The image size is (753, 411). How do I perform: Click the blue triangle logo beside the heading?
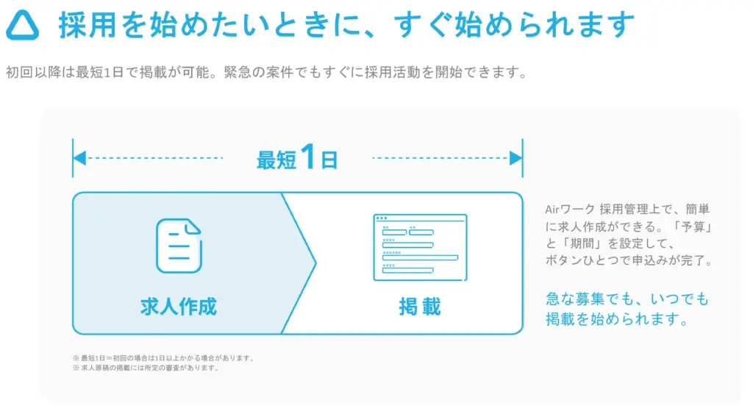pyautogui.click(x=23, y=26)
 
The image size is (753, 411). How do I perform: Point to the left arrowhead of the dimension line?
pyautogui.click(x=79, y=158)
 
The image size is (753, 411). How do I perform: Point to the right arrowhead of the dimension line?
pyautogui.click(x=516, y=158)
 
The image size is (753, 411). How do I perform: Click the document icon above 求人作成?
pyautogui.click(x=178, y=246)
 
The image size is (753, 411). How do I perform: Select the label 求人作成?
pyautogui.click(x=178, y=306)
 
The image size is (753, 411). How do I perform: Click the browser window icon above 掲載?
pyautogui.click(x=420, y=247)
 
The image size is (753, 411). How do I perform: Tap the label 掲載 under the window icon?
pyautogui.click(x=420, y=306)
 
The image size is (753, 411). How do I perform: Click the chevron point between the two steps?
pyautogui.click(x=314, y=262)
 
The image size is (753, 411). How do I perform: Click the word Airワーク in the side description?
pyautogui.click(x=570, y=209)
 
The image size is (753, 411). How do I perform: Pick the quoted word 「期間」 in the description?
pyautogui.click(x=585, y=244)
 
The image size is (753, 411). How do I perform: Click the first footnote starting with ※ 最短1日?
pyautogui.click(x=163, y=358)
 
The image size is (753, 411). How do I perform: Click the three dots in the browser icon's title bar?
pyautogui.click(x=381, y=218)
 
